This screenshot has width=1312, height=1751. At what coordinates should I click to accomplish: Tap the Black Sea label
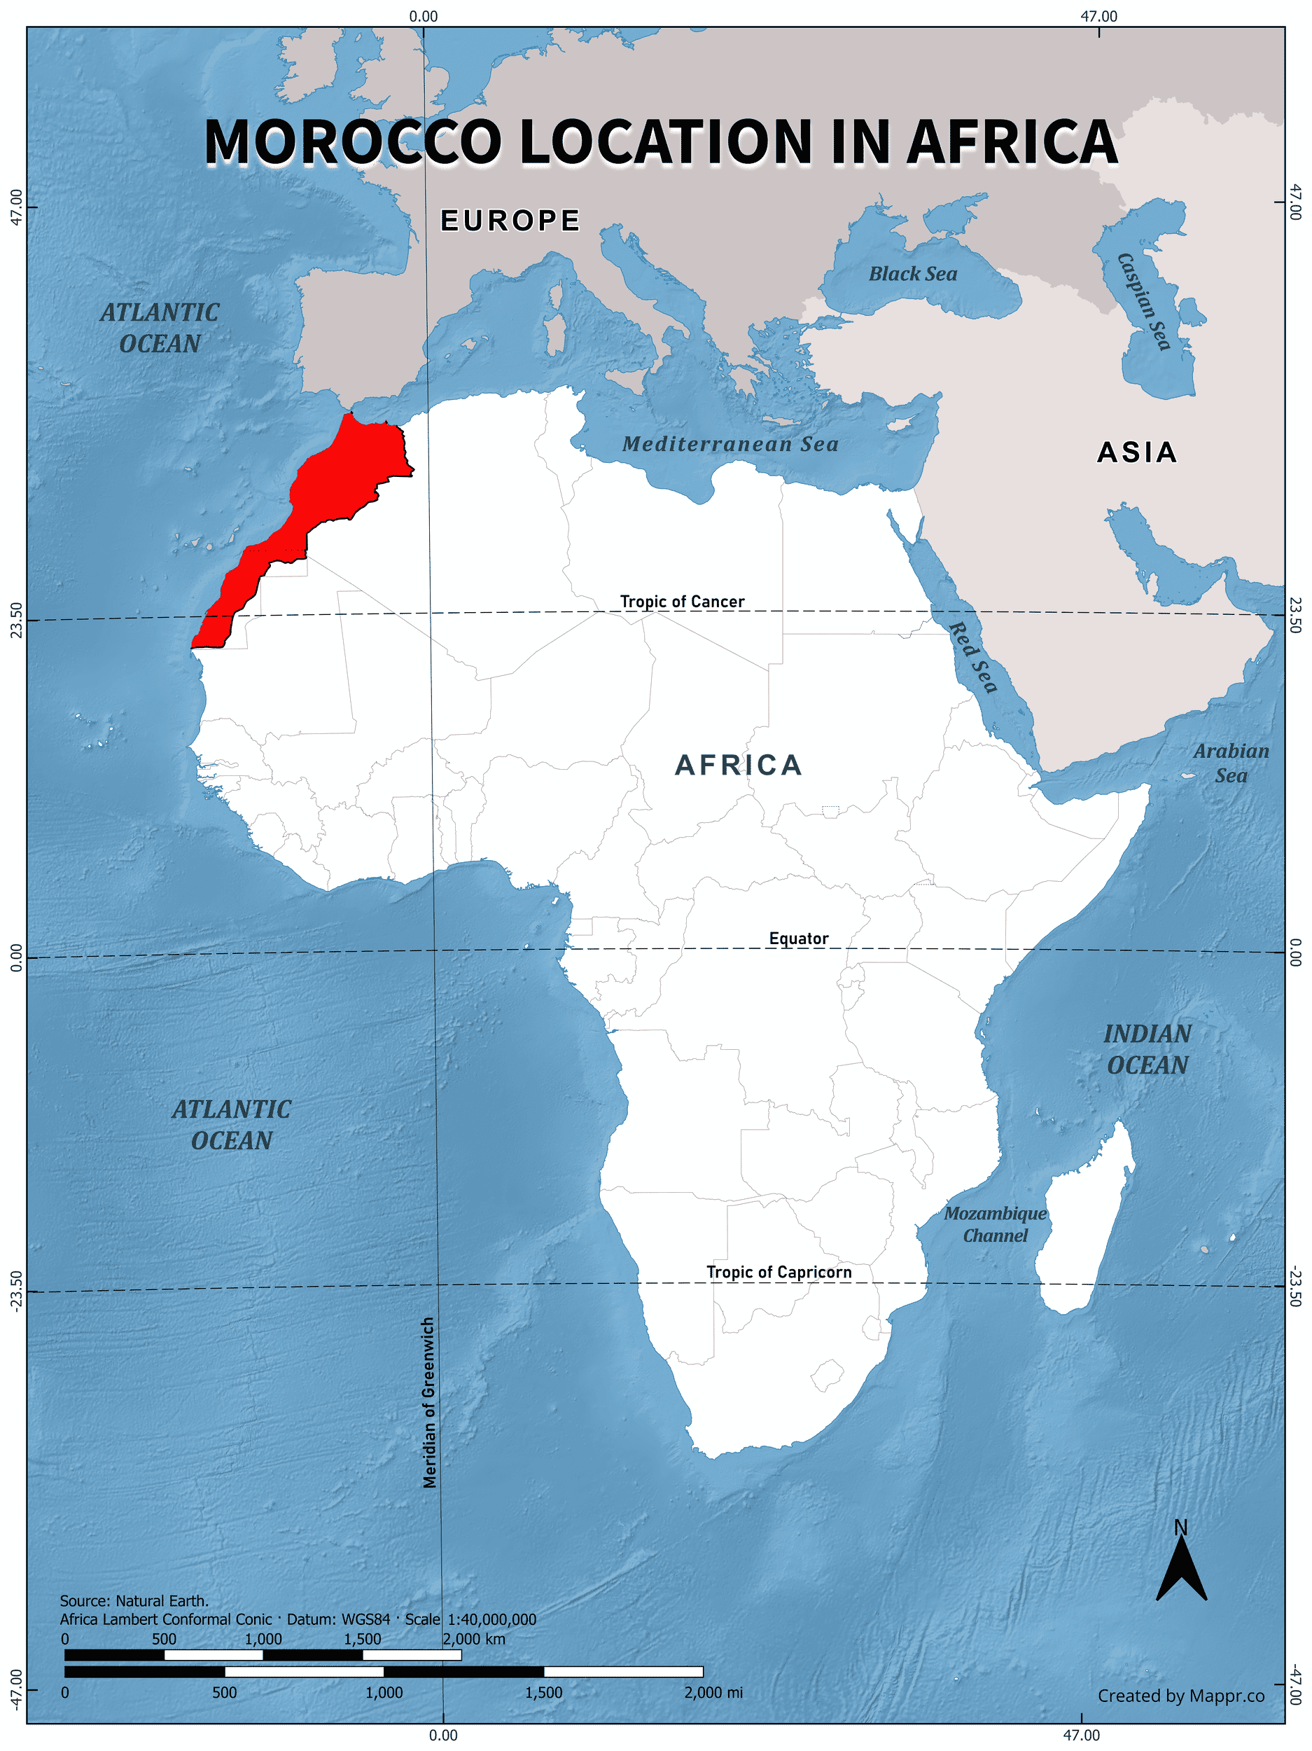pos(912,274)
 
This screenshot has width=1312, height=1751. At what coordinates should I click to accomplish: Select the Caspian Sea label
pos(1143,300)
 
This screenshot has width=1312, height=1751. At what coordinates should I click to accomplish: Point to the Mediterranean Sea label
pos(730,444)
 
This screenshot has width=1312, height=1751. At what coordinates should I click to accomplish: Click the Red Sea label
pos(972,656)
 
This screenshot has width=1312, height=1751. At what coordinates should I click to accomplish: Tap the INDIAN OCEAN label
pos(1147,1049)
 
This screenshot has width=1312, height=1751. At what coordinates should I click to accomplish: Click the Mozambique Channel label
pos(995,1224)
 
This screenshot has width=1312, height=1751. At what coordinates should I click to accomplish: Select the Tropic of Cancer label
pos(682,602)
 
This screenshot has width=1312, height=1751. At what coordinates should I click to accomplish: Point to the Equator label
pos(798,938)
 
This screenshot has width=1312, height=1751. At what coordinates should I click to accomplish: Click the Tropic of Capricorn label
pos(779,1272)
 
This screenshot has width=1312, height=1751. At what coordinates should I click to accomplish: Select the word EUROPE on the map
pos(510,221)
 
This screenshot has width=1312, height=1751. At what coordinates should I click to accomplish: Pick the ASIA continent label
pos(1137,452)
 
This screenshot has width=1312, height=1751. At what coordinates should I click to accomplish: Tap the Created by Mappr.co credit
pos(1180,1696)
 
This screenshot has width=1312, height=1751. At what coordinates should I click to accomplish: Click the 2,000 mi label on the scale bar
pos(713,1692)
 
